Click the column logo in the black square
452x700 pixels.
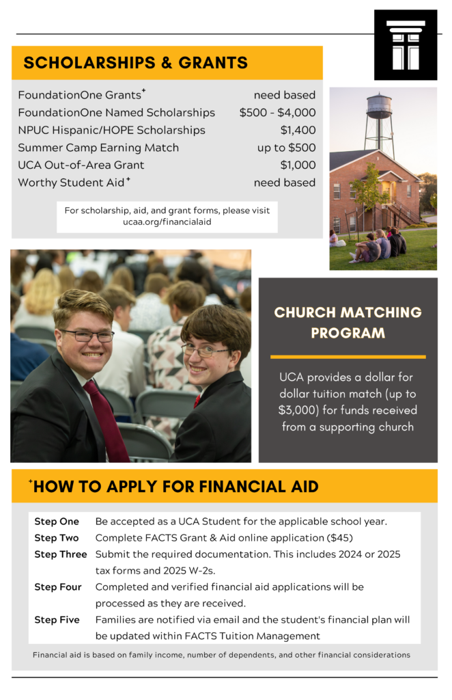point(406,45)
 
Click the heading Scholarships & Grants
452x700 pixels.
point(135,63)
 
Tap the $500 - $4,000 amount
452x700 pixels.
point(277,113)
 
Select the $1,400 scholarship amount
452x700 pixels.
point(298,130)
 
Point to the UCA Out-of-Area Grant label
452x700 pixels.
point(81,165)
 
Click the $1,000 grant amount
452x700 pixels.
point(298,165)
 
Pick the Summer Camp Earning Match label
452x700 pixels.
point(98,148)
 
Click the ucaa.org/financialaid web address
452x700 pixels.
point(167,222)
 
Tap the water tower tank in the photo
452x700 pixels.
point(379,107)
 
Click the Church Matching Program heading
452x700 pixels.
point(348,323)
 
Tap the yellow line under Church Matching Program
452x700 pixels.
point(348,357)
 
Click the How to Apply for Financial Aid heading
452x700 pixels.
point(175,487)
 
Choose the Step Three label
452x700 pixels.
point(61,554)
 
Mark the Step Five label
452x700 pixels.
point(57,620)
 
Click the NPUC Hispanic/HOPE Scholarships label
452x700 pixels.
point(111,130)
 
